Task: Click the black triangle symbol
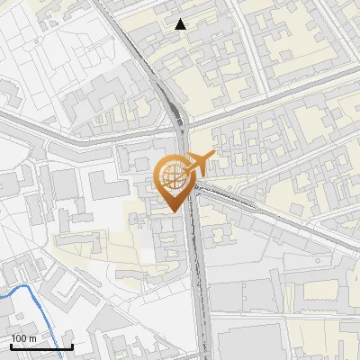pos(181,24)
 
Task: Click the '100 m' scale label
pos(23,338)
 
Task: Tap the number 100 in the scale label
pos(20,338)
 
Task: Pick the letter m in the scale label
pos(32,338)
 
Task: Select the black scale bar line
pos(41,347)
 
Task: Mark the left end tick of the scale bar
pos(11,346)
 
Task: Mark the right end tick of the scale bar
pos(72,346)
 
